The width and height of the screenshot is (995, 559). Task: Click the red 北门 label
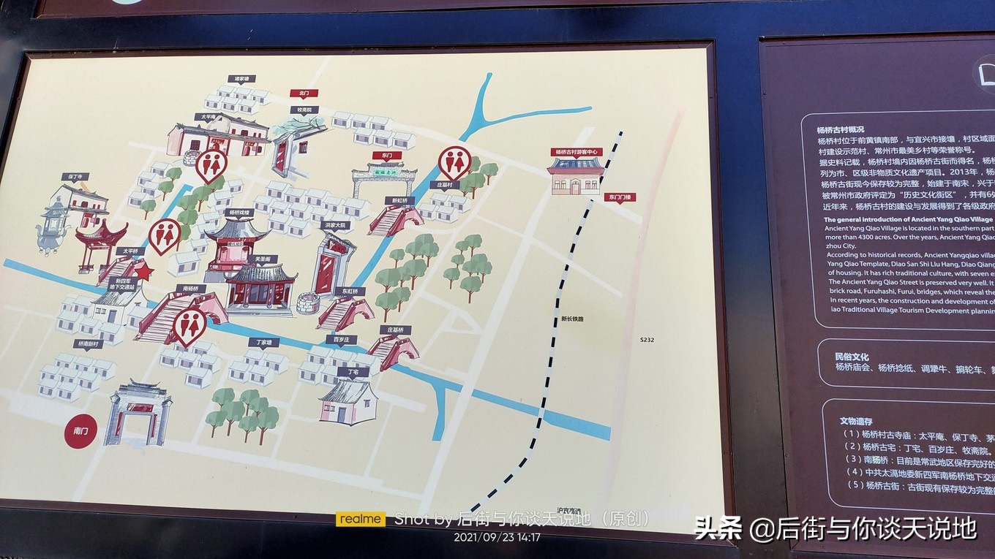pos(303,94)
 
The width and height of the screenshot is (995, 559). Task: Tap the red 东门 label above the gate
pos(382,156)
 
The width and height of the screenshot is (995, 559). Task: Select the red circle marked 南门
pos(80,431)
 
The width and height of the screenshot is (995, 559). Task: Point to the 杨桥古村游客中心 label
pos(577,152)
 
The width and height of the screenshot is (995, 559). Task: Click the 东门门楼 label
pos(620,197)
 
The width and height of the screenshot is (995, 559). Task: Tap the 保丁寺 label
pos(75,177)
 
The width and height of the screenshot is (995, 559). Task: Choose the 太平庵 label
pos(205,116)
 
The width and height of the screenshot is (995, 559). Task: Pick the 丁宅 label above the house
pos(353,371)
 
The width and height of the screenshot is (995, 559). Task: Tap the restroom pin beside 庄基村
pos(454,163)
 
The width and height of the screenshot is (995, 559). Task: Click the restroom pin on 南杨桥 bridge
pos(189,325)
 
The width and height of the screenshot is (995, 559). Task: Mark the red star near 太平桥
pos(143,272)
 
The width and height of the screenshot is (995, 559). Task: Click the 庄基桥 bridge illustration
pos(393,352)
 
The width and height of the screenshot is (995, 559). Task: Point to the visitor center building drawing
pos(576,176)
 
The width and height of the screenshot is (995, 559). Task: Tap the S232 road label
pos(648,339)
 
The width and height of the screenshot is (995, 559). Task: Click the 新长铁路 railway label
pos(573,319)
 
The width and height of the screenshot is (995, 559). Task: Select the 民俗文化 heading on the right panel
pos(852,357)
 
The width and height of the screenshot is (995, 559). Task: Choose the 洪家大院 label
pos(334,225)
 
